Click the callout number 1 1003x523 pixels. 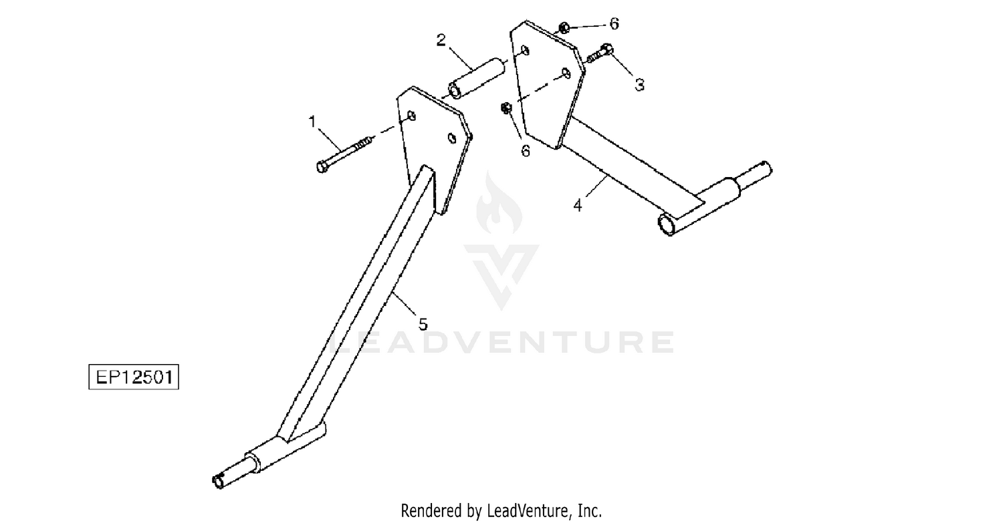coord(312,122)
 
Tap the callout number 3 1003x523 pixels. coord(639,85)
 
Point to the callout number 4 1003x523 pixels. coord(578,205)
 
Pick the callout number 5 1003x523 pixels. coord(422,324)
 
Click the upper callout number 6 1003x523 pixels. coord(614,24)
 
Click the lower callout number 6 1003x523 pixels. coord(526,152)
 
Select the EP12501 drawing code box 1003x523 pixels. coord(134,377)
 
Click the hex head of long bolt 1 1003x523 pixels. coord(321,166)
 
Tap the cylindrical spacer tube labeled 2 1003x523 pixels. coord(477,77)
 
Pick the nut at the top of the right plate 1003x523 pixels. coord(564,27)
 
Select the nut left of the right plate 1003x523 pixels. coord(506,108)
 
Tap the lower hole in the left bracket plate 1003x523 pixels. coord(452,138)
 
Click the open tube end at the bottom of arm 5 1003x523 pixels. coord(218,480)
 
